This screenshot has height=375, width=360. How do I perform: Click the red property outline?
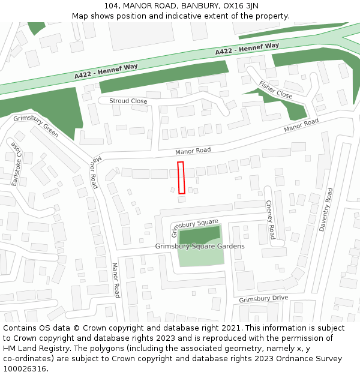(181, 178)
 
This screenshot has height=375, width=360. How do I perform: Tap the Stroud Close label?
(128, 101)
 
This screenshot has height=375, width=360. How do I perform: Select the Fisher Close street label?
(276, 90)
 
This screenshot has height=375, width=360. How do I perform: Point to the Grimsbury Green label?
(36, 126)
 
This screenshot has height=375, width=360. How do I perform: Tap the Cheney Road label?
(271, 219)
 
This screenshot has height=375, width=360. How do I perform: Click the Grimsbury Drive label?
(263, 299)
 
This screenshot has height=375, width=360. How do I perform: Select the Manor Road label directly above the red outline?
(193, 151)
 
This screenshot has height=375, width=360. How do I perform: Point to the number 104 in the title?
(112, 6)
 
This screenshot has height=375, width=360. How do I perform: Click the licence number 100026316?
(24, 369)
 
